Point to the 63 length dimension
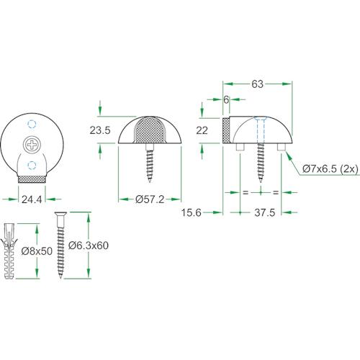tap(258, 84)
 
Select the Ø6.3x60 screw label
tap(89, 246)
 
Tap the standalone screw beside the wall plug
tap(60, 245)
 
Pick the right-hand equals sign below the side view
tap(274, 192)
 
